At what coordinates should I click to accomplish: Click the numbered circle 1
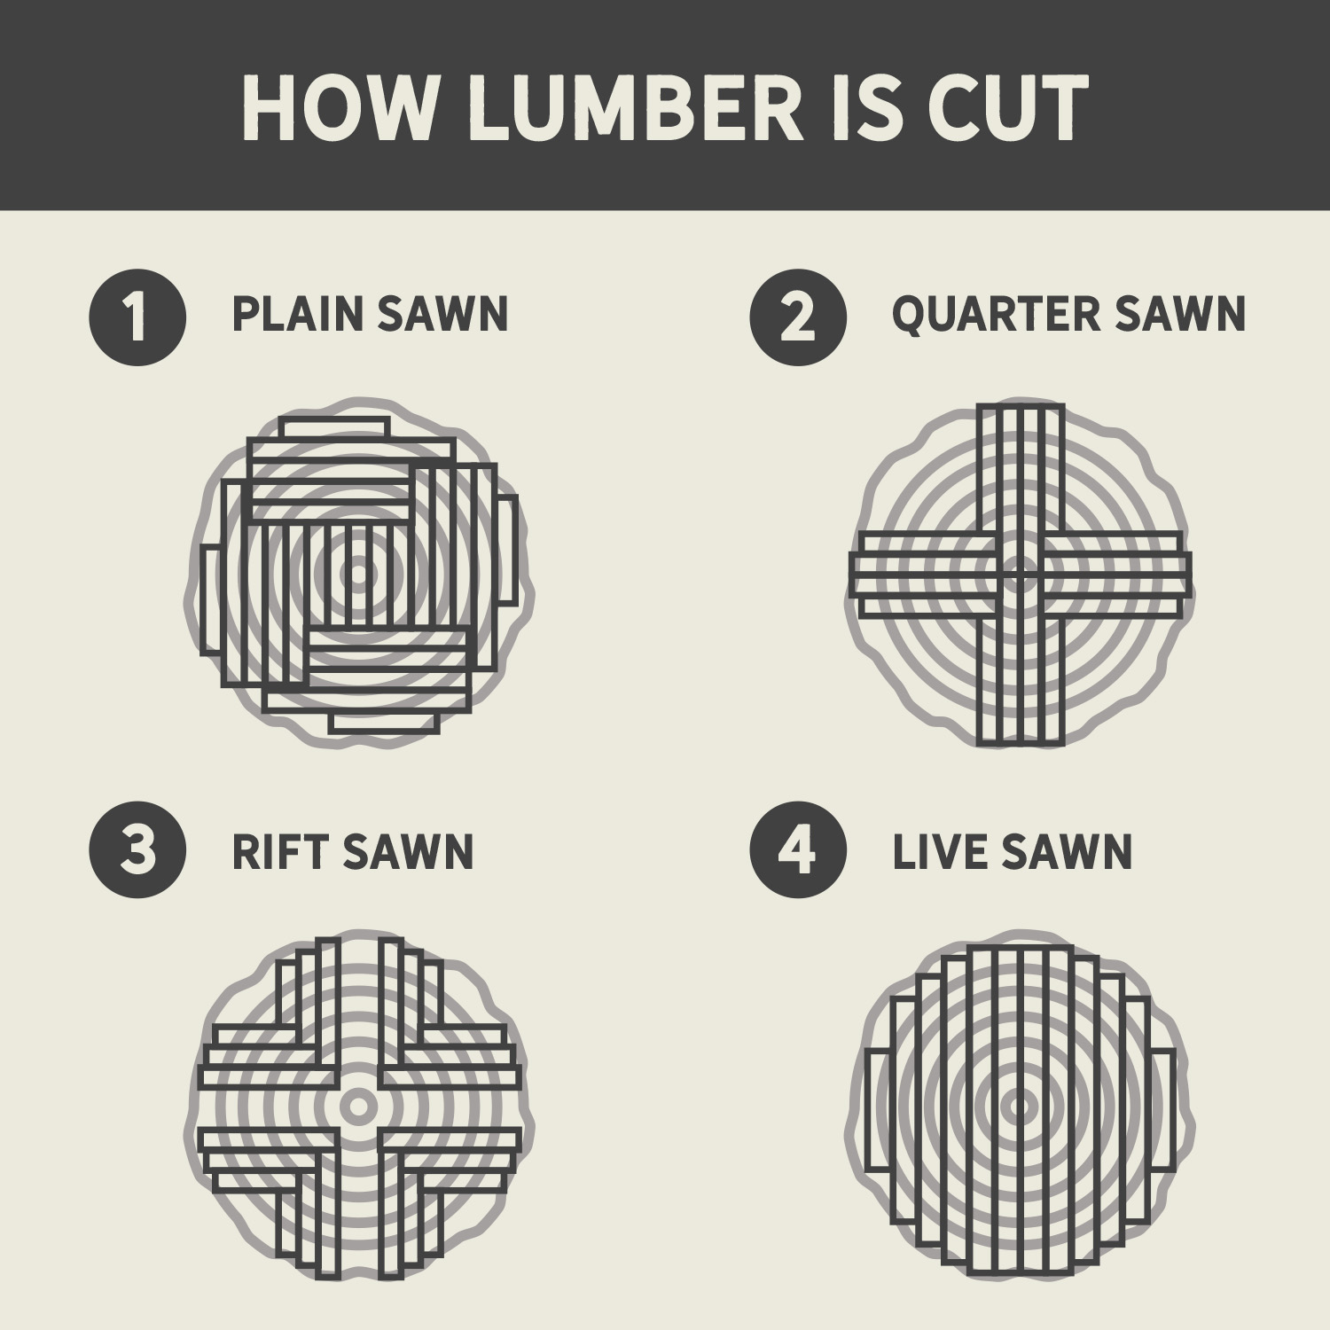pos(137,317)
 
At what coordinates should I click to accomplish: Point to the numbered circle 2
pos(798,317)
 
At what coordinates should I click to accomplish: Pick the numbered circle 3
pos(137,850)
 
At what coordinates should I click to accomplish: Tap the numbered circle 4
pos(798,850)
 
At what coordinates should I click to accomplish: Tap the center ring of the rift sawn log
pos(359,1106)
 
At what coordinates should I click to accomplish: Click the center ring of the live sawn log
pos(1020,1106)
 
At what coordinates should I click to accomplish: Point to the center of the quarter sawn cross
pos(1020,574)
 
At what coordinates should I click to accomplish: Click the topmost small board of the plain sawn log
pos(333,427)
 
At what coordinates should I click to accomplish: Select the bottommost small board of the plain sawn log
pos(384,722)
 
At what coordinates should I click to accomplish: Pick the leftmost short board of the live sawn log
pos(877,1110)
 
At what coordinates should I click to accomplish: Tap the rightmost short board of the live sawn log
pos(1162,1110)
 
